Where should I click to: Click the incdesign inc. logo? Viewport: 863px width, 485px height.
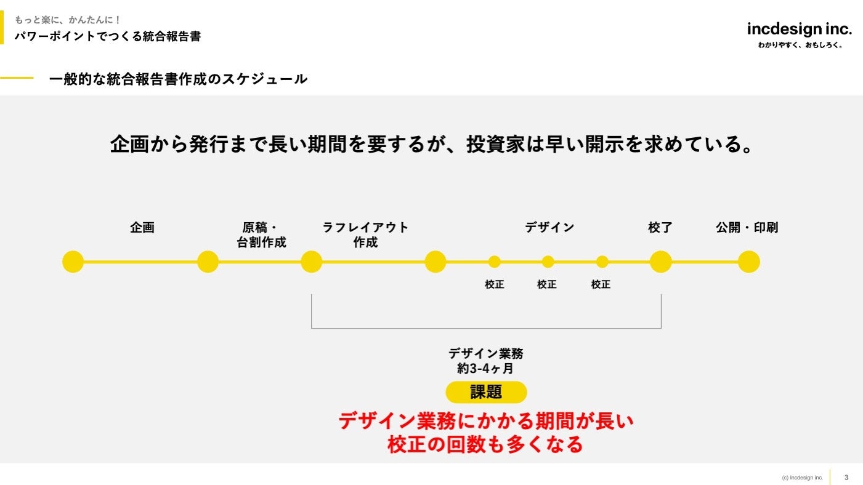pos(799,29)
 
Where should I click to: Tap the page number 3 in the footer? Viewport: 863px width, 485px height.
pos(846,478)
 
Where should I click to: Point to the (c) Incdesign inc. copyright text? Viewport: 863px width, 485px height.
pos(802,478)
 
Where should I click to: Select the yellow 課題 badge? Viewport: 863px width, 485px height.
pos(486,392)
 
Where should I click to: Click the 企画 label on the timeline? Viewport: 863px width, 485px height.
pos(142,228)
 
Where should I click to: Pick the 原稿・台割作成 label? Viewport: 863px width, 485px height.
pos(262,235)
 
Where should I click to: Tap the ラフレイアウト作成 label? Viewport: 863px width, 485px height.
pos(365,235)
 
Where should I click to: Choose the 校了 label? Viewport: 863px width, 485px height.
pos(660,228)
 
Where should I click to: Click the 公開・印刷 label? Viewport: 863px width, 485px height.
pos(747,228)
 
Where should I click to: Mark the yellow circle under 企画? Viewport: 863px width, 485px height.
pos(73,262)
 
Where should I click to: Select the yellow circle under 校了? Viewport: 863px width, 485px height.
pos(660,262)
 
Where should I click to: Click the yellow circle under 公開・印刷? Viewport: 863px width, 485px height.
pos(749,262)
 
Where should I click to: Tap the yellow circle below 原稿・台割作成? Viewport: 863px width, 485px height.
pos(208,262)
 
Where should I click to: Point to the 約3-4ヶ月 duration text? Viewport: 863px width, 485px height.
pos(485,369)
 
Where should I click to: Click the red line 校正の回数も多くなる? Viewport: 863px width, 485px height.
pos(485,444)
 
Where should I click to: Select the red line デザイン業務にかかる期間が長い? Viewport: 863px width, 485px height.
pos(485,422)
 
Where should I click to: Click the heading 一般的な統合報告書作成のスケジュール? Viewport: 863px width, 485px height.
pos(178,79)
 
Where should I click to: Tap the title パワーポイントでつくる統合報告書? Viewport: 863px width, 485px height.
pos(108,36)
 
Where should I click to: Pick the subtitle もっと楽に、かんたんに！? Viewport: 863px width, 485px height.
pos(68,20)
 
